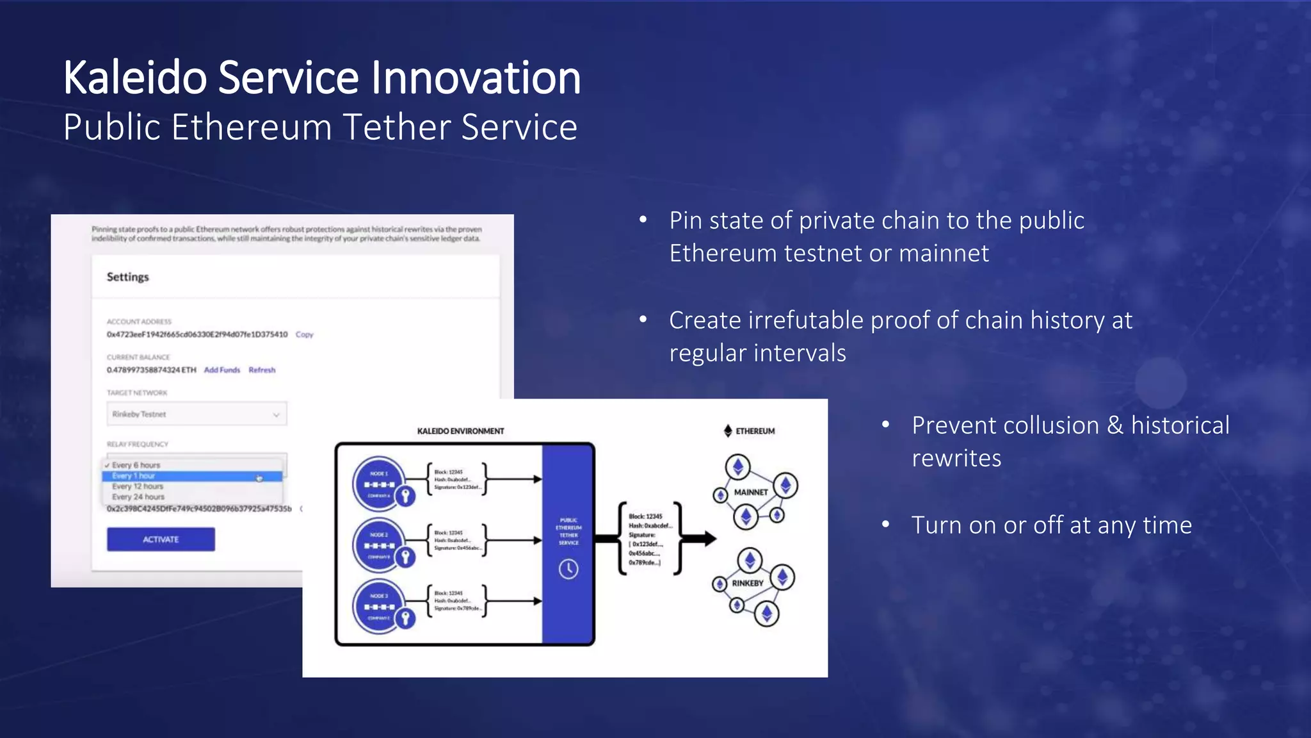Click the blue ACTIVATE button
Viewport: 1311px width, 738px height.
pos(161,539)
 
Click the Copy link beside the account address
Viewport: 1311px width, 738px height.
pos(305,334)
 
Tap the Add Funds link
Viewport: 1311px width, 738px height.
pos(221,370)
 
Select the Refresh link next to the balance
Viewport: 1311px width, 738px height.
pos(262,370)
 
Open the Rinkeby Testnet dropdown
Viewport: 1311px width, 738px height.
pos(197,414)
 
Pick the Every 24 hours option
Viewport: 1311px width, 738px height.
pos(138,497)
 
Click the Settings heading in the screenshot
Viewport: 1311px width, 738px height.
pos(127,277)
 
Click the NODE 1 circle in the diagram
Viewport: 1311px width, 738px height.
pos(379,482)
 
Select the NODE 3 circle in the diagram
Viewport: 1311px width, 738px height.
pos(379,605)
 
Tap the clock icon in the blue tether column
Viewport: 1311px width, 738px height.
pos(568,569)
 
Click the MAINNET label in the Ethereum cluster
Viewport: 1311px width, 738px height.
pos(751,493)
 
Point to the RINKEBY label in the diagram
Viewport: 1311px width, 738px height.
pos(748,584)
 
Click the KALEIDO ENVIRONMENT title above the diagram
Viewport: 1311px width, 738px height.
pos(460,431)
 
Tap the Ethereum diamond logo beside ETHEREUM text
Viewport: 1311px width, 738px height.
pos(728,431)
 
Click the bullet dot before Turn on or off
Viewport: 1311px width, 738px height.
pos(886,525)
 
